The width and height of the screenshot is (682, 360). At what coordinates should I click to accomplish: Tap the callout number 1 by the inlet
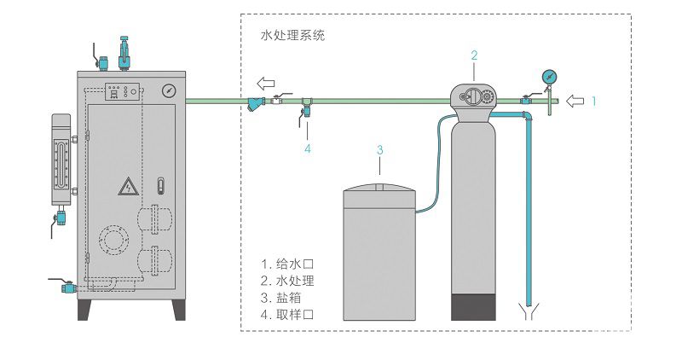point(595,101)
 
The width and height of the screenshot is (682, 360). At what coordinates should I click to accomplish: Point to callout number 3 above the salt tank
point(380,150)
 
